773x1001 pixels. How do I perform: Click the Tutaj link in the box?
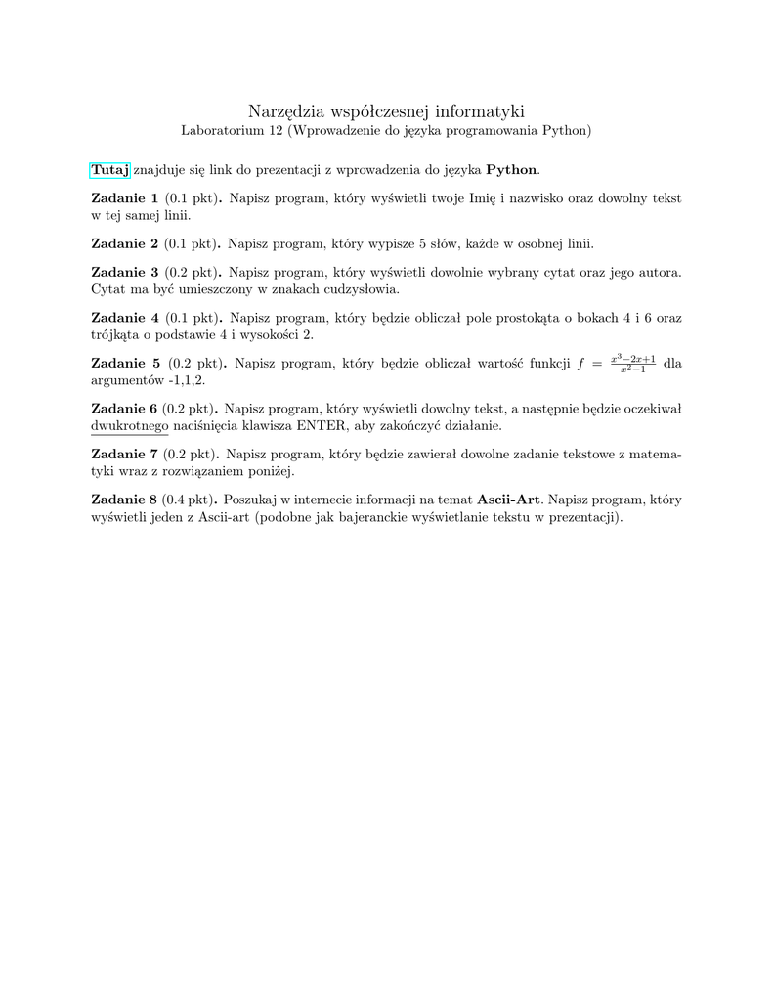click(x=109, y=170)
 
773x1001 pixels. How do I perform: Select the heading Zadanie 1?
click(x=124, y=198)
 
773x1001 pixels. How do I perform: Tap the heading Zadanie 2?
click(x=124, y=242)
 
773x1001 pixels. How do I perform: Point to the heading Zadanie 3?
click(x=124, y=271)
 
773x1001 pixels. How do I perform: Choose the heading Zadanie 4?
click(x=124, y=317)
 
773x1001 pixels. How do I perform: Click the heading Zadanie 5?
click(x=125, y=363)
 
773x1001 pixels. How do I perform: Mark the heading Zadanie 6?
click(x=124, y=408)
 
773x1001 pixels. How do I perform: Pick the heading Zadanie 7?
click(x=124, y=454)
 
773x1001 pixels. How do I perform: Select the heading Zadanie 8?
click(x=124, y=499)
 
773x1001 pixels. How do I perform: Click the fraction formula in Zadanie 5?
click(x=632, y=364)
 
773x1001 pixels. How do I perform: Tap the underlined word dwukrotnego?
click(x=129, y=426)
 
